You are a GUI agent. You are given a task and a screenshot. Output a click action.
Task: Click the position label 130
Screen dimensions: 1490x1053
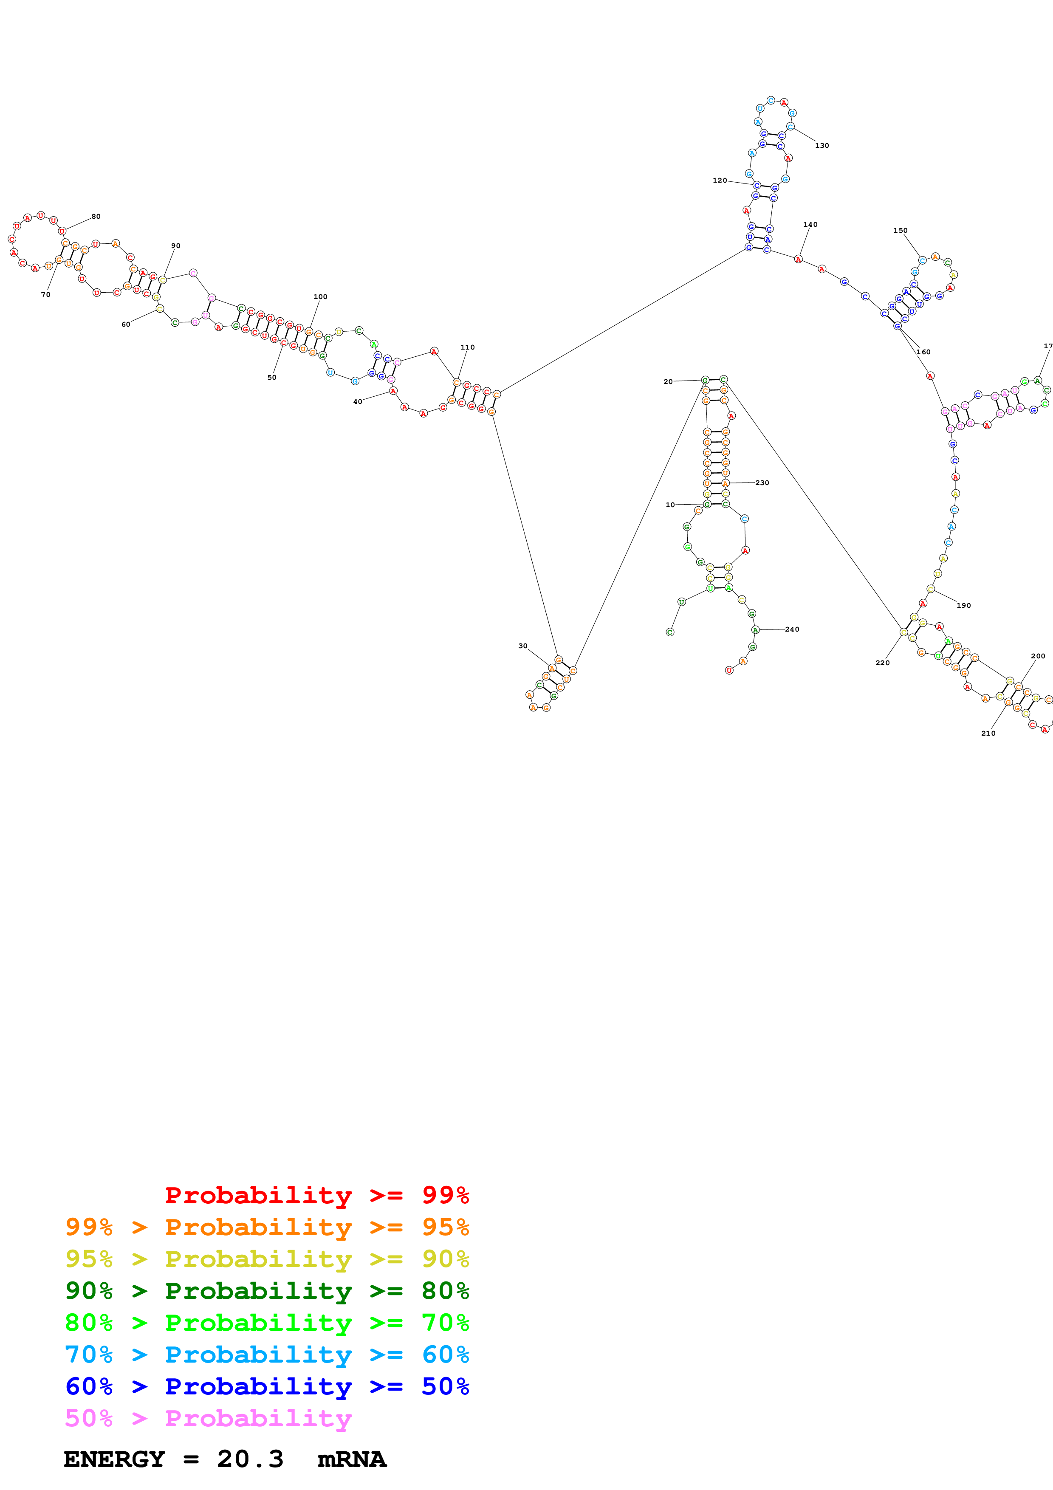point(822,145)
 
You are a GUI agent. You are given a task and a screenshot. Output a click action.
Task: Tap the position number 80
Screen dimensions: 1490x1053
point(96,217)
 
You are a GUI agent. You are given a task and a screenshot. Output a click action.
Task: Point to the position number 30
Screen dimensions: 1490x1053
point(523,646)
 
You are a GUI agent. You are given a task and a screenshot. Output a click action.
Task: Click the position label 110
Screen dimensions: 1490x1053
point(467,347)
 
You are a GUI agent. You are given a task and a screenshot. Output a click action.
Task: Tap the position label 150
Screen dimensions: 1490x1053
point(900,230)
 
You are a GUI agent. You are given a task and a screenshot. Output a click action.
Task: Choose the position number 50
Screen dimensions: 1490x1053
point(272,378)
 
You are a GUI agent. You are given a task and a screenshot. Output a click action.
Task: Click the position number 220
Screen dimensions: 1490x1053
point(882,663)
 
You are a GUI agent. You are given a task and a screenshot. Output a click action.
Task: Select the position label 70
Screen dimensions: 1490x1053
point(45,295)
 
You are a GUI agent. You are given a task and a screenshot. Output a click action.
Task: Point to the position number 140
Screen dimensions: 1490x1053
point(810,225)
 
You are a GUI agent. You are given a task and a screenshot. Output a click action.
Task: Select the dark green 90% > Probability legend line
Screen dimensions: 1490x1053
point(267,1291)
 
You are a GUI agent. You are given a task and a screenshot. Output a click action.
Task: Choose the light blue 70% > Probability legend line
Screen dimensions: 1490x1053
point(267,1355)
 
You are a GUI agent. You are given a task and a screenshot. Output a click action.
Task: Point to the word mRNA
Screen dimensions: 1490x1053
point(352,1459)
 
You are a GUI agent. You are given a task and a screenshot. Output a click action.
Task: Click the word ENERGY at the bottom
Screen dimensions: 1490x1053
point(114,1459)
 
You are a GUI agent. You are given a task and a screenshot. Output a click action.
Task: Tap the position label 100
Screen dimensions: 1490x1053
point(321,296)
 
